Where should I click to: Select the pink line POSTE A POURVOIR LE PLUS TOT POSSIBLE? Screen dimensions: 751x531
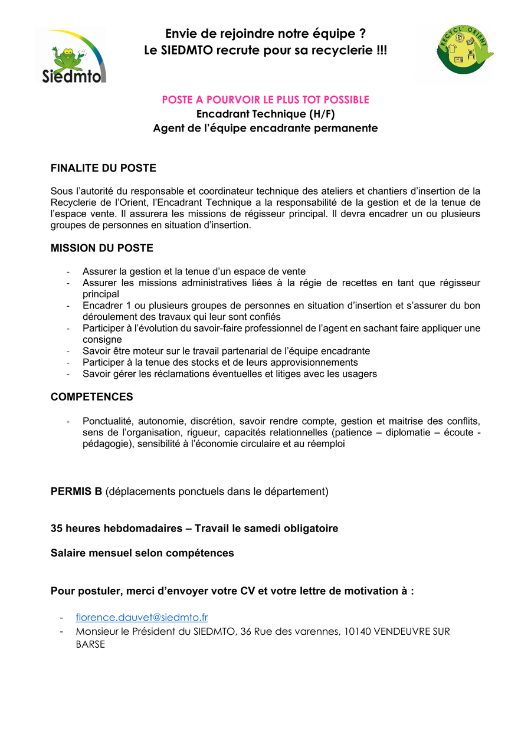point(265,100)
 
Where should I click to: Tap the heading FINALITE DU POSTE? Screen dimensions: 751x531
point(103,168)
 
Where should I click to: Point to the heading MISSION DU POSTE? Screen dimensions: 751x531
point(102,248)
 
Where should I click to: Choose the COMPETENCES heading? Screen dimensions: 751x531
point(92,397)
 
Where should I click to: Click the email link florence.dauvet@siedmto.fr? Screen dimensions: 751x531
point(142,618)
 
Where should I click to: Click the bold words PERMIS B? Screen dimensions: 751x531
point(77,491)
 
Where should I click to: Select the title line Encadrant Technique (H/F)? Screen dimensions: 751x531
point(265,114)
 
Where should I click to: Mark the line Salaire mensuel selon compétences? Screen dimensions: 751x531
point(142,553)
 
